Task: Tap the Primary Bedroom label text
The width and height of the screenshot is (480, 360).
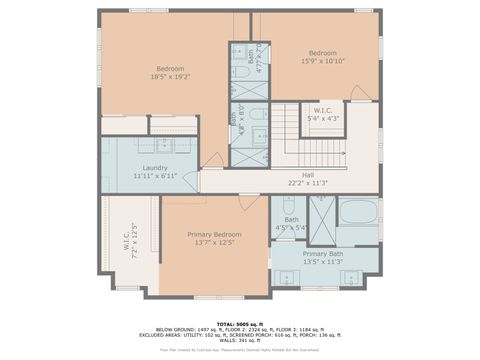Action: pos(215,234)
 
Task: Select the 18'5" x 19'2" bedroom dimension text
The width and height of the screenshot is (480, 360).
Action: pos(170,76)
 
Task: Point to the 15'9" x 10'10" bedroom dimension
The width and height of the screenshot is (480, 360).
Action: pos(322,61)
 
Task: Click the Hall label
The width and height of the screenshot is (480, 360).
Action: pos(294,173)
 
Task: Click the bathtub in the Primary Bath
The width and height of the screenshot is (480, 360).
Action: pos(356,213)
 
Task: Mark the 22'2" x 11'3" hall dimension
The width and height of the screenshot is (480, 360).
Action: pos(294,182)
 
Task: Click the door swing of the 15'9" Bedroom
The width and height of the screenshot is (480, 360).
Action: pos(360,93)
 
